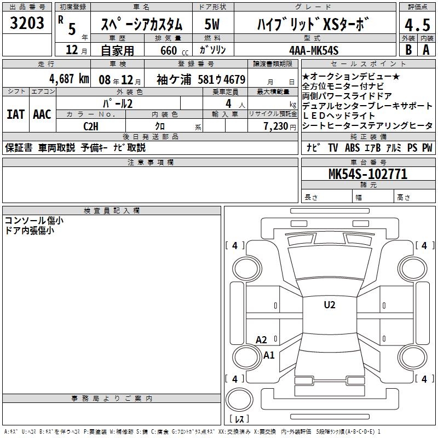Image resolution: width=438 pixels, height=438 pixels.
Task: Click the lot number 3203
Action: pos(27,23)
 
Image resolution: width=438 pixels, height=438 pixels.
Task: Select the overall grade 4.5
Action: pos(417,25)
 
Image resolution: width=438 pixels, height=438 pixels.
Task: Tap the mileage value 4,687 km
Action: pos(70,79)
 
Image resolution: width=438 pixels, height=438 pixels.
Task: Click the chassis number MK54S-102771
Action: pos(368,174)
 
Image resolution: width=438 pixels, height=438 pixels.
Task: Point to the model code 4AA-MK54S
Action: pos(314,50)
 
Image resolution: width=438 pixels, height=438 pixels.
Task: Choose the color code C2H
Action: pos(91,126)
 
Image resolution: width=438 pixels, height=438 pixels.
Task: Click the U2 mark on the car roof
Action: pos(330,305)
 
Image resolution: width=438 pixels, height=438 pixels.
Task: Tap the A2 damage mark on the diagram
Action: pos(261,340)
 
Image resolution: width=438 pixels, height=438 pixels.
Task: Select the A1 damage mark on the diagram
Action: pos(269,355)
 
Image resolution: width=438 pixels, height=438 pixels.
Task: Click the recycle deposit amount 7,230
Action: pos(276,126)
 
